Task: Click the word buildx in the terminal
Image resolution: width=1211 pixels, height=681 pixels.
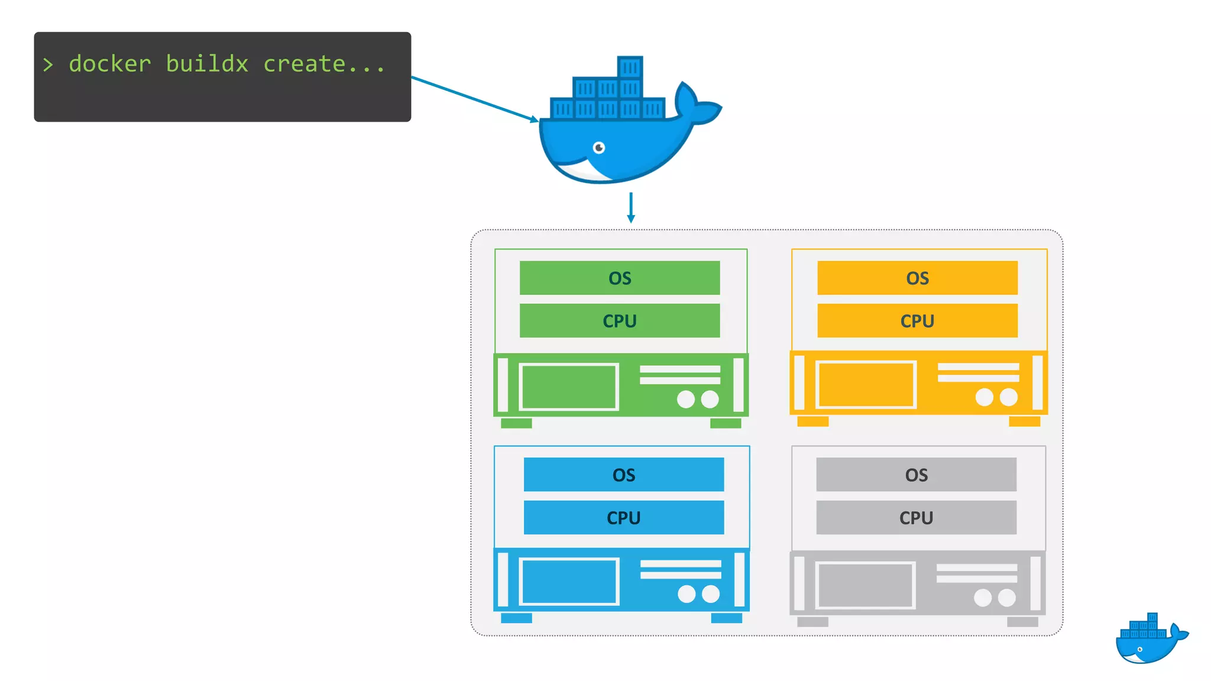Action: [206, 64]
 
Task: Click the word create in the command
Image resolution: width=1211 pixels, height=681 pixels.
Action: [304, 64]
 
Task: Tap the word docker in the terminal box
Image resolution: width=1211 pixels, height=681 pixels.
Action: [110, 64]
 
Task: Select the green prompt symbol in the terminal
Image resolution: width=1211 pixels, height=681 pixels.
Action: [48, 64]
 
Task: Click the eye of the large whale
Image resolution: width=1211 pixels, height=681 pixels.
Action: [599, 148]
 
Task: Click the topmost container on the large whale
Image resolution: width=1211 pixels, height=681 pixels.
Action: [630, 67]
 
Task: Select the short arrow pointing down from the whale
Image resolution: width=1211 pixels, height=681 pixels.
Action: [631, 208]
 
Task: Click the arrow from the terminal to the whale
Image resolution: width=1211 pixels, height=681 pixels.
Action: [473, 99]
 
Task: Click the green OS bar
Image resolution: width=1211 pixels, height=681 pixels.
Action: [619, 278]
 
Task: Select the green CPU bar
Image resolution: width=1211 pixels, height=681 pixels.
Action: [619, 321]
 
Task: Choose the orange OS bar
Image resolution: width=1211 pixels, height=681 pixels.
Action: [917, 278]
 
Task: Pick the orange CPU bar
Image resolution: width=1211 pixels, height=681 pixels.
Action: [917, 321]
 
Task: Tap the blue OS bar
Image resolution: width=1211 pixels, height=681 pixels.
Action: [623, 475]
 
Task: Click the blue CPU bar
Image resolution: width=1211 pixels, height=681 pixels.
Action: [623, 518]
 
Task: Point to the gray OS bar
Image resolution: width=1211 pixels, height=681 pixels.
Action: [916, 475]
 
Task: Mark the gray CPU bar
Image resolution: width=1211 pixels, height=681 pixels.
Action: [916, 518]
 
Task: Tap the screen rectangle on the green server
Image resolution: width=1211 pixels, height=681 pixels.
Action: [569, 387]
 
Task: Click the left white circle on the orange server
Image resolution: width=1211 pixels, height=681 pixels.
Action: [984, 397]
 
